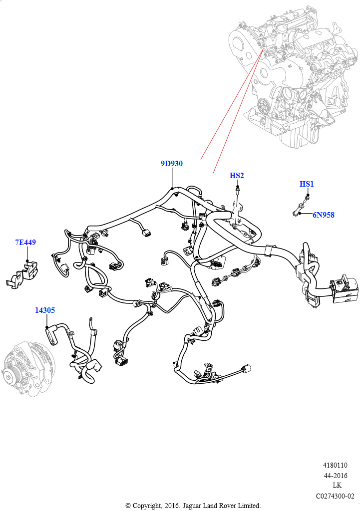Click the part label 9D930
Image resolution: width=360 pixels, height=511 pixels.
pos(171,164)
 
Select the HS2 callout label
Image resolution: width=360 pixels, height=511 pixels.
pos(237,176)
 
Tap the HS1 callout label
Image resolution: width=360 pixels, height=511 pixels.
pos(307,184)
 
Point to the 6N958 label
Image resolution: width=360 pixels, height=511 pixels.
pos(324,215)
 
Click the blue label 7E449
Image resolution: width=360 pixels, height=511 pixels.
pos(25,243)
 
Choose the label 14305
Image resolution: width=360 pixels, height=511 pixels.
pos(45,310)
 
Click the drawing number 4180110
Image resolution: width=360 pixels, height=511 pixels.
pos(342,466)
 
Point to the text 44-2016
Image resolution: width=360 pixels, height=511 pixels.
pos(342,476)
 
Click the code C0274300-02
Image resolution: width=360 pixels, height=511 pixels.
pos(335,496)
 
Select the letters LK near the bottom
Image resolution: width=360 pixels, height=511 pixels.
pos(337,486)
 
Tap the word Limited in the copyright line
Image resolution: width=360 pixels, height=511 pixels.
pos(247,506)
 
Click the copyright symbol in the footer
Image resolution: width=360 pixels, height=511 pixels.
pos(128,506)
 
